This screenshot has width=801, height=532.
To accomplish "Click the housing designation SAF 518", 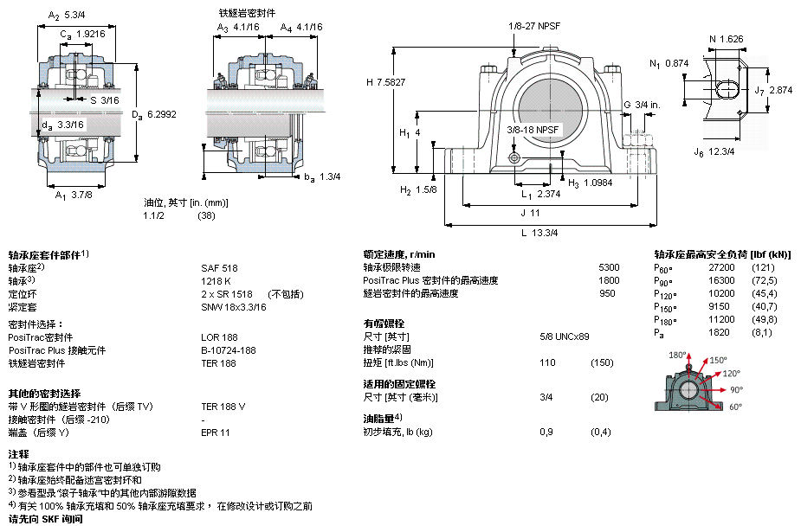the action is click(x=219, y=268).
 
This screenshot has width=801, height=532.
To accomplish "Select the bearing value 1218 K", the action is click(x=216, y=281).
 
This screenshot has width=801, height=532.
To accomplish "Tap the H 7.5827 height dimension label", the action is click(x=385, y=82).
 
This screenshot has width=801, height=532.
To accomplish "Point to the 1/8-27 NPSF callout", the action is click(x=533, y=26).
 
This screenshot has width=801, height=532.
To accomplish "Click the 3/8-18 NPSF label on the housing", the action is click(x=533, y=130).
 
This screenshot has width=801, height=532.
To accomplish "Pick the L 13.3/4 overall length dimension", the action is click(x=539, y=233).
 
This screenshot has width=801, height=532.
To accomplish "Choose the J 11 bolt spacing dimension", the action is click(x=530, y=213).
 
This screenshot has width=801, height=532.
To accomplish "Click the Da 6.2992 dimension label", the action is click(x=154, y=115).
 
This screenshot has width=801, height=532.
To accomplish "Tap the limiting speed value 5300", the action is click(x=609, y=267).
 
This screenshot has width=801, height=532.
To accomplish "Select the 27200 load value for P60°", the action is click(x=721, y=267).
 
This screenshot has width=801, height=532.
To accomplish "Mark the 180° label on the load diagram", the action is click(x=677, y=355).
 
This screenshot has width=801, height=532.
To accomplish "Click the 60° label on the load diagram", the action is click(x=735, y=407).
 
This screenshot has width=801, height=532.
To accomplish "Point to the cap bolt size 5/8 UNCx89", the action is click(x=565, y=337).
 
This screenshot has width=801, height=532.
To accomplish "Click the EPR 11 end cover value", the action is click(x=216, y=433).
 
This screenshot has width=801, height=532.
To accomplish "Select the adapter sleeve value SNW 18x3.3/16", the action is click(x=234, y=307).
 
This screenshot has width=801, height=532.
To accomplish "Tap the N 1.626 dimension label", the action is click(x=726, y=39).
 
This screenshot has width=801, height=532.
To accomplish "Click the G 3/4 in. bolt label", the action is click(x=643, y=105).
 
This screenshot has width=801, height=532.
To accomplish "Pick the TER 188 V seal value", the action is click(x=223, y=407).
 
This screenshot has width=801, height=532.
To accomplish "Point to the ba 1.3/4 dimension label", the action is click(x=322, y=177).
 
